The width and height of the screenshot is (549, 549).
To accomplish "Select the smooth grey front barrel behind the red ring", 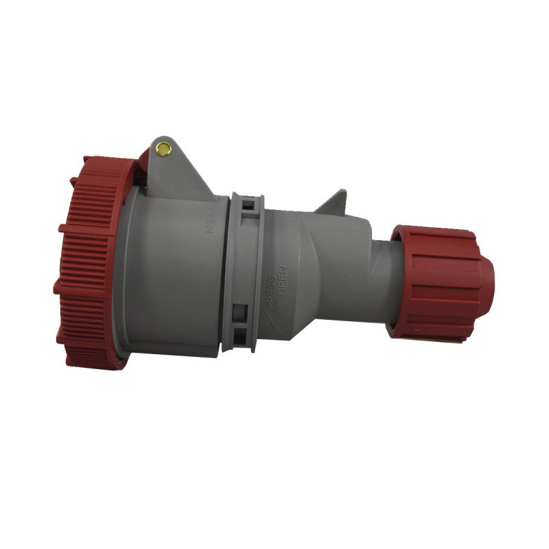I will (172, 274).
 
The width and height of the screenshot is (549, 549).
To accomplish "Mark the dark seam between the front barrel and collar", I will (224, 274).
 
